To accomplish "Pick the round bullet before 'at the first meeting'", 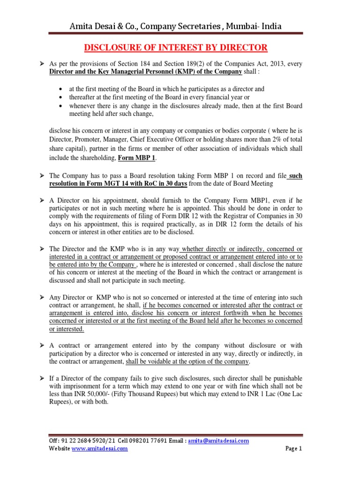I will (x=63, y=89).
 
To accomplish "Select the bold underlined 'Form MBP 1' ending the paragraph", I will (x=138, y=157).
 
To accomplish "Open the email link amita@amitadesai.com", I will (x=218, y=441).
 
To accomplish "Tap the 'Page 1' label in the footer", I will (x=294, y=449).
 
